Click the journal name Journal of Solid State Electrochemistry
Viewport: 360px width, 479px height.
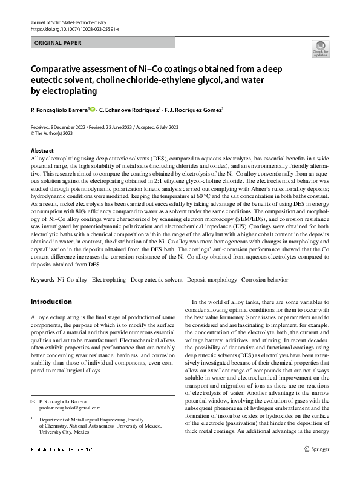(67, 22)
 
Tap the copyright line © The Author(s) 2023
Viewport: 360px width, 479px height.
(56, 133)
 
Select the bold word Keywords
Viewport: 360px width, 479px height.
(42, 281)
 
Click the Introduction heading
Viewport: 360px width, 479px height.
(51, 301)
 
